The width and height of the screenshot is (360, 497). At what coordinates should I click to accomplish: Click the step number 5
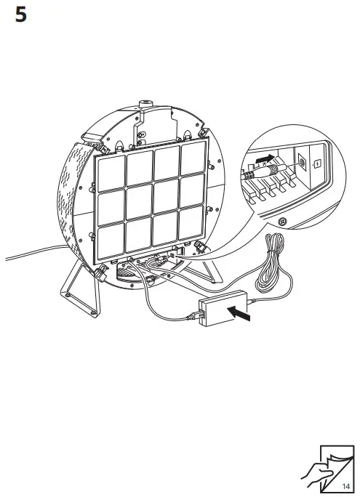(x=21, y=15)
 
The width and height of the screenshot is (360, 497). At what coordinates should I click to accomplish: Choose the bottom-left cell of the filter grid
(x=111, y=241)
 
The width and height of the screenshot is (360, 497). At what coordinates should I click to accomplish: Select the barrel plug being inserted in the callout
(x=270, y=170)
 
